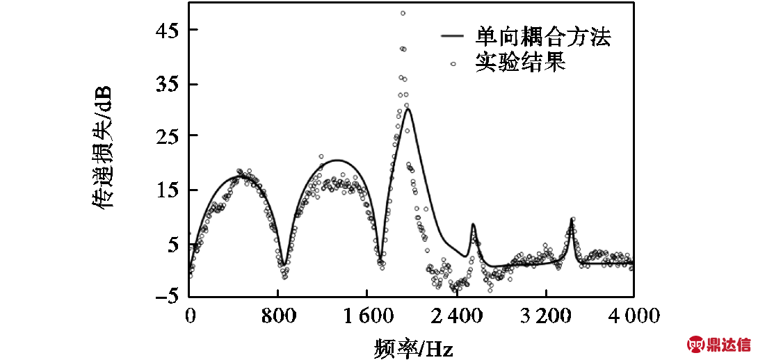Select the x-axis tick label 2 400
457,318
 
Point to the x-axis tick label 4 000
633,318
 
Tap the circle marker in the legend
453,63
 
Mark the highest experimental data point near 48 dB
403,13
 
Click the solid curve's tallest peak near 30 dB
408,109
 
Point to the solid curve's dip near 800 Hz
284,265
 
